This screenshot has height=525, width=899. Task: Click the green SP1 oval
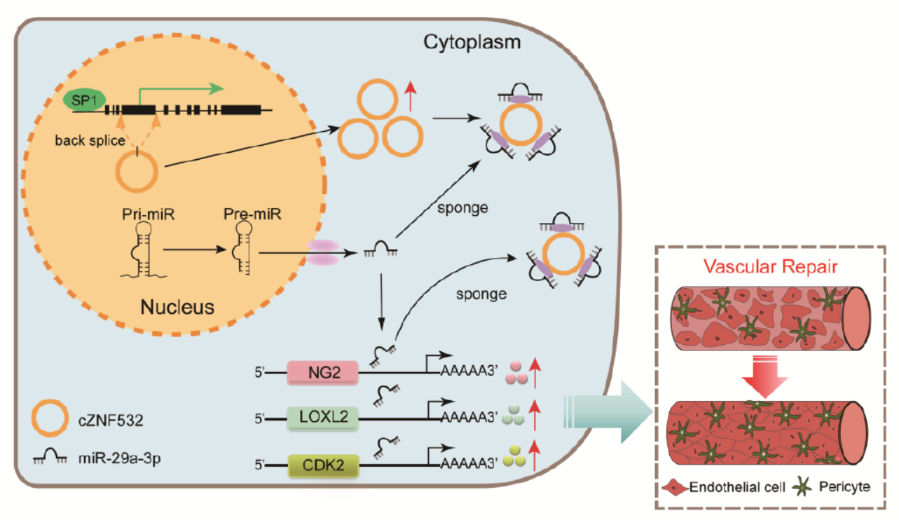click(x=81, y=100)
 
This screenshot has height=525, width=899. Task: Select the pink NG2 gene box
click(x=323, y=372)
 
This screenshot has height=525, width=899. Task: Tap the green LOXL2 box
click(x=323, y=418)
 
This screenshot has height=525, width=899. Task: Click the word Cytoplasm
click(x=472, y=43)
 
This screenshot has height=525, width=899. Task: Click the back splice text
click(x=90, y=140)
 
